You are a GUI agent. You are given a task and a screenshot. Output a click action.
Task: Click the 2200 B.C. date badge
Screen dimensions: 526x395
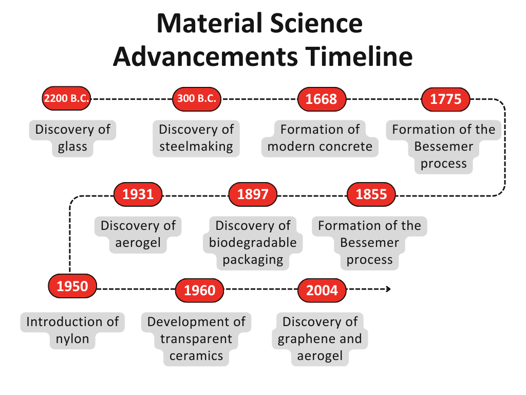(x=66, y=98)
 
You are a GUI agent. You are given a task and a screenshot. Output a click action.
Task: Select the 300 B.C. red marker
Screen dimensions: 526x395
(x=197, y=99)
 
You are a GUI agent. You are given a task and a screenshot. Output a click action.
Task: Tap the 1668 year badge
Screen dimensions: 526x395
(x=322, y=99)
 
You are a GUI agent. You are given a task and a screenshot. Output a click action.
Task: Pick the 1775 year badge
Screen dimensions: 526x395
(x=445, y=99)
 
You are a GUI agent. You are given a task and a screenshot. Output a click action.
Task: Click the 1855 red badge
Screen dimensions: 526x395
(x=371, y=194)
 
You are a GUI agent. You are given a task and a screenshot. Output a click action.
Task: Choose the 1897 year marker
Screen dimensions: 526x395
(x=253, y=194)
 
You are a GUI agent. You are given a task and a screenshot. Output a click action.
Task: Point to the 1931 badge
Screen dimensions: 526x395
(x=138, y=194)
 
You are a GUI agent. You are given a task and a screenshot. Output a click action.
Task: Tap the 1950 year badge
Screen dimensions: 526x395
(x=72, y=286)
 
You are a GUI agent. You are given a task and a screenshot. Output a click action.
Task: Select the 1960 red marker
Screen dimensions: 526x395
(x=200, y=290)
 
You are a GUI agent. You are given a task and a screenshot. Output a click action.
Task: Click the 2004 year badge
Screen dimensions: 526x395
(x=322, y=290)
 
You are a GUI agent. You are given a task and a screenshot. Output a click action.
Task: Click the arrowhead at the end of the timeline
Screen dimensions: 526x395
(x=389, y=289)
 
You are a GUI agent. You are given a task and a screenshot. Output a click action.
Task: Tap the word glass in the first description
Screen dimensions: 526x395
(x=72, y=147)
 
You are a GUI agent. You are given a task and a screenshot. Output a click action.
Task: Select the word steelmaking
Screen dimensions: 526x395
(x=196, y=147)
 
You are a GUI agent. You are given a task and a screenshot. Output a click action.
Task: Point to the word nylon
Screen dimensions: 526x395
(x=72, y=339)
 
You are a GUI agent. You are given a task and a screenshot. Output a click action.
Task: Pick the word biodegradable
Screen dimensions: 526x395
(x=253, y=243)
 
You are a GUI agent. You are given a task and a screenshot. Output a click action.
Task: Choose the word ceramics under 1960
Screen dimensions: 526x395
(x=196, y=356)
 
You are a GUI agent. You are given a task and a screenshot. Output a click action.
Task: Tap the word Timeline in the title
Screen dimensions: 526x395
(x=359, y=56)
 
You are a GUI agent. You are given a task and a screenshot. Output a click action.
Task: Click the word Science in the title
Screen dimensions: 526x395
(x=316, y=23)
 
